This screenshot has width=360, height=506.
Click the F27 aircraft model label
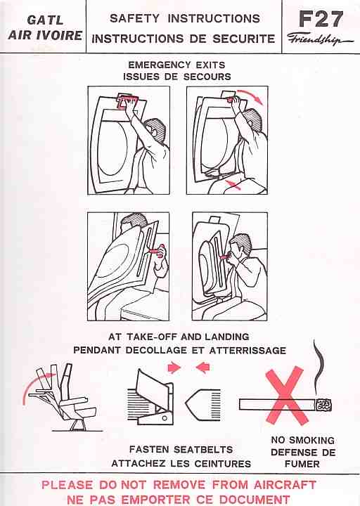click(x=321, y=19)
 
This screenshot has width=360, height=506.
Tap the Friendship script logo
click(x=320, y=39)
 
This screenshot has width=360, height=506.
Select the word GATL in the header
click(x=45, y=20)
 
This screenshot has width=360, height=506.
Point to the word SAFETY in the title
click(x=134, y=18)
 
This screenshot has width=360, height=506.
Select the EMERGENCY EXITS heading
click(x=176, y=65)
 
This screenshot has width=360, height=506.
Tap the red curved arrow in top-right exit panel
click(x=250, y=96)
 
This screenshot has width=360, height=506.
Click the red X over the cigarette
click(x=285, y=395)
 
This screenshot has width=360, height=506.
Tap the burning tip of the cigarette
click(x=324, y=405)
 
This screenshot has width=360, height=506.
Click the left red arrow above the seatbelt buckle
click(x=174, y=368)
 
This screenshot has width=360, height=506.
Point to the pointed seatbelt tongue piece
click(x=203, y=405)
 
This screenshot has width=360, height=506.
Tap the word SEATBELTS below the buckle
click(x=203, y=449)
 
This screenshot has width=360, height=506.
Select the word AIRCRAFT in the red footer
click(x=285, y=485)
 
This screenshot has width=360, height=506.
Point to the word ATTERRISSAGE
click(x=247, y=351)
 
